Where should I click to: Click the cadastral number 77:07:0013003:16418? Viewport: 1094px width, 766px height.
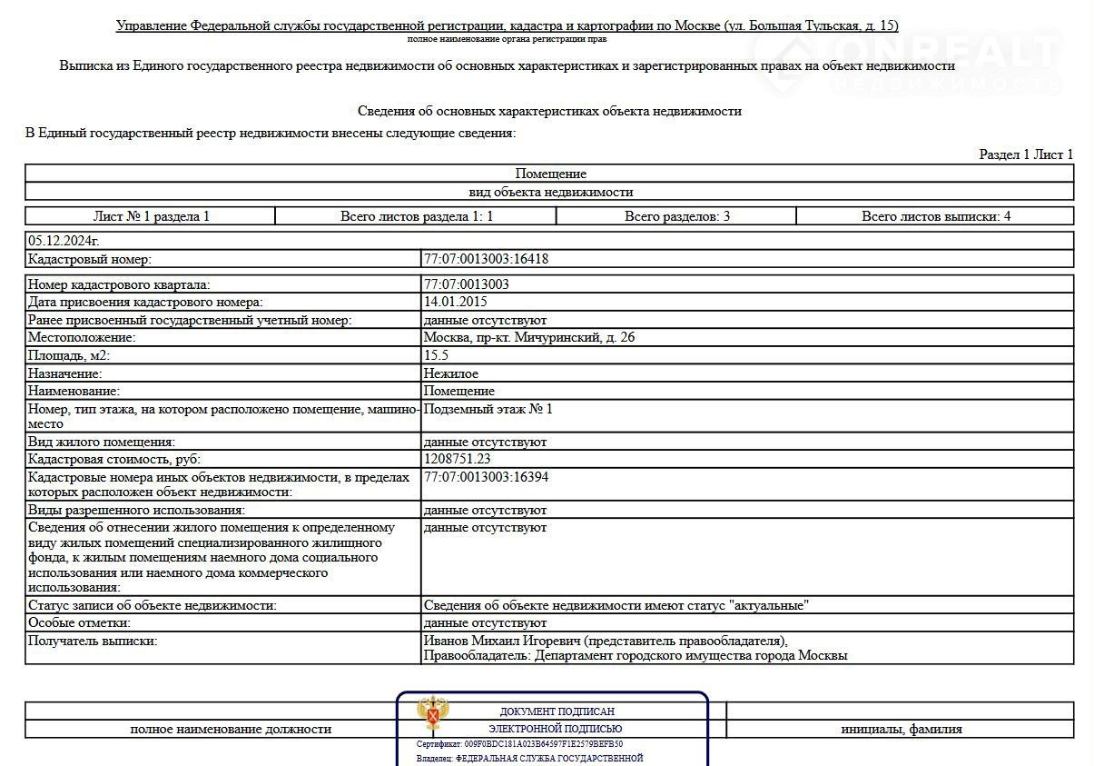coord(486,259)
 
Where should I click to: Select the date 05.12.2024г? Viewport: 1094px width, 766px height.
coord(64,241)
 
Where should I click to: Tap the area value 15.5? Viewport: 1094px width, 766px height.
coord(436,355)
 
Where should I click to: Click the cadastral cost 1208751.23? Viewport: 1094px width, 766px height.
coord(469,459)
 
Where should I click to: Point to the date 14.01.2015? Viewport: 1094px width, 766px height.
coord(456,302)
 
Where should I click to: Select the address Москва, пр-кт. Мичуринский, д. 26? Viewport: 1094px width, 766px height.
coord(529,337)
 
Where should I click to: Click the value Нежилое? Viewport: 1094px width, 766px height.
coord(451,373)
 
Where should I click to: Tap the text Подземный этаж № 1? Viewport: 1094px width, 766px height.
coord(488,409)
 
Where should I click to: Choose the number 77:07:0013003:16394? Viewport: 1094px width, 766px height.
coord(486,477)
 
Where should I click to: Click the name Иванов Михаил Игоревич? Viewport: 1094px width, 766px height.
coord(503,641)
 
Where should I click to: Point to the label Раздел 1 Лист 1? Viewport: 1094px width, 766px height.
coord(1026,154)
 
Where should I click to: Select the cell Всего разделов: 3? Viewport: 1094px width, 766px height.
coord(677,216)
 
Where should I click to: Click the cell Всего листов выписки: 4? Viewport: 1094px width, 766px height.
coord(936,216)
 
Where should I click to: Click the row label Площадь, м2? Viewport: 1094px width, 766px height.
coord(69,355)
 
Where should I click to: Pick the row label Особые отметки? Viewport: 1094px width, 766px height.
coord(79,622)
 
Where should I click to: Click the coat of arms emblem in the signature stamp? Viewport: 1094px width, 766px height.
coord(432,714)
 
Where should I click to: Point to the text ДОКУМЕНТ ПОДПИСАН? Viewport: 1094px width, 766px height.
coord(557,711)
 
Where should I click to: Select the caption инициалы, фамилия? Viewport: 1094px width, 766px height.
coord(901,729)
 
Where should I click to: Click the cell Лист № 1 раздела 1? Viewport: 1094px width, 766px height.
coord(151,216)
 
